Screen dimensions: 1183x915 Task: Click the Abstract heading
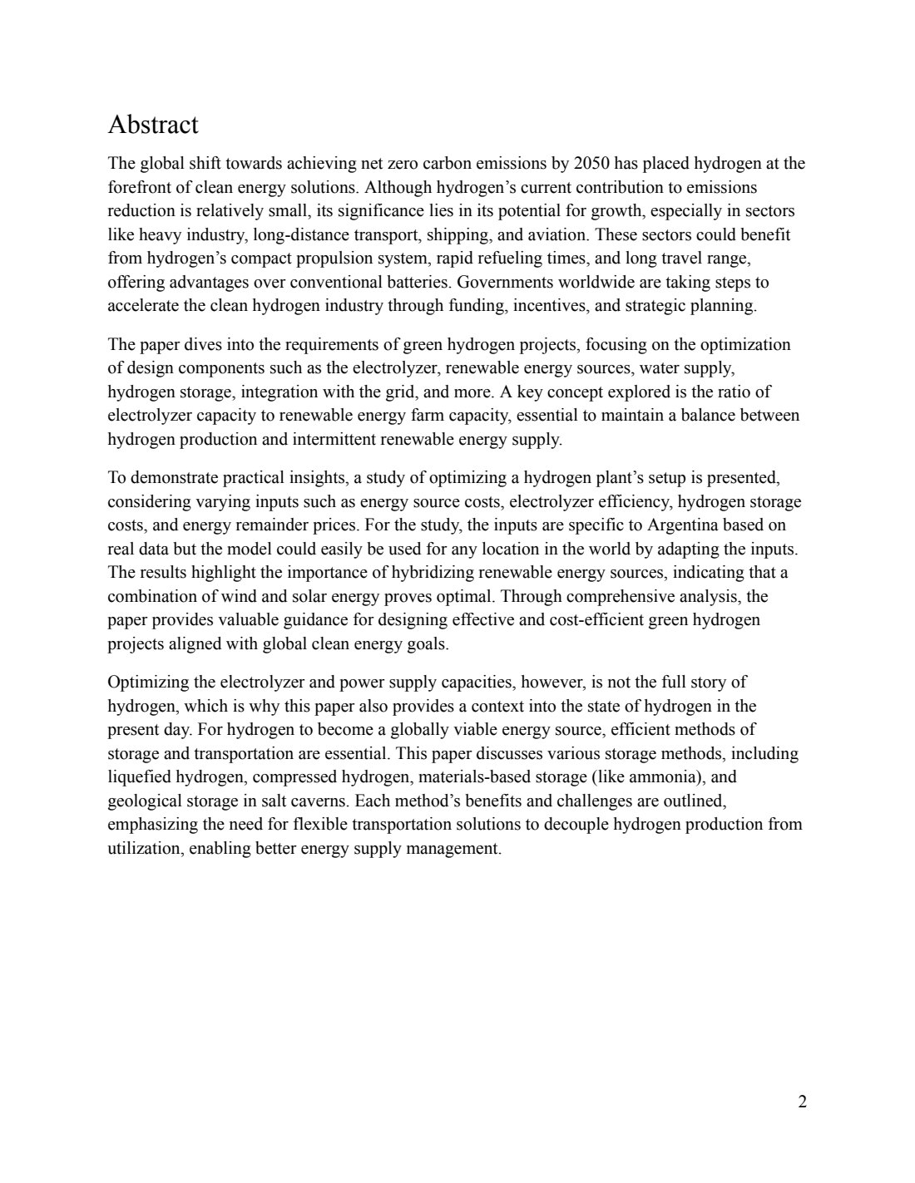153,125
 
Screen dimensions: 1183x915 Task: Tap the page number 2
802,1102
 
